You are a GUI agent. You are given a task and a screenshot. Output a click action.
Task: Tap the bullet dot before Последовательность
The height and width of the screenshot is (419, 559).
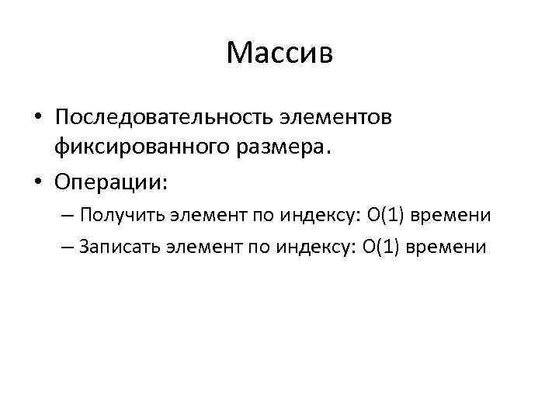[x=38, y=119]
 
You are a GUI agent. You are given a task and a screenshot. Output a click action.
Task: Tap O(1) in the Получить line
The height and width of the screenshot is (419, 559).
[x=384, y=214]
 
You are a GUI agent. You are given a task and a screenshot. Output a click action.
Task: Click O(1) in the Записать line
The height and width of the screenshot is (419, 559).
[x=380, y=247]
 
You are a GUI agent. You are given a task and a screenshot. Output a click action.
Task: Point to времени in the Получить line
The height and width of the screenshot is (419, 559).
[x=453, y=215]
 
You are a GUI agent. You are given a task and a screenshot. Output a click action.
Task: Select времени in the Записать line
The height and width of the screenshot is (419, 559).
[x=449, y=248]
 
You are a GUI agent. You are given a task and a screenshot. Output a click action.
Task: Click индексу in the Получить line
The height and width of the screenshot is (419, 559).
[x=316, y=215]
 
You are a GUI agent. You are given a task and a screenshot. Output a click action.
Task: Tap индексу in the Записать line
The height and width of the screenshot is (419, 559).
[x=311, y=248]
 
